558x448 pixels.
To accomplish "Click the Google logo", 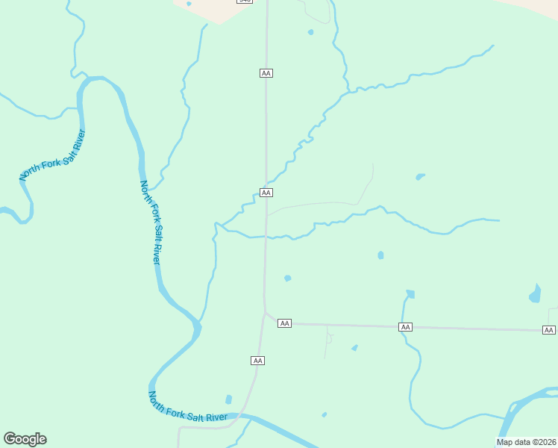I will (x=25, y=439).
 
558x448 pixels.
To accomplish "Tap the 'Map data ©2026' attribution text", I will (x=526, y=442).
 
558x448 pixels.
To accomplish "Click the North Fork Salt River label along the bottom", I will (x=188, y=408).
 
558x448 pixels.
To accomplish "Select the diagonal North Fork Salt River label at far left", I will (x=53, y=155).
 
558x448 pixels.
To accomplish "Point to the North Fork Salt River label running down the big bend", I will (x=151, y=222).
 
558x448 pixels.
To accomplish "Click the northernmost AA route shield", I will (x=266, y=72).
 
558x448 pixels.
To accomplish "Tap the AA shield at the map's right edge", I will (x=549, y=330).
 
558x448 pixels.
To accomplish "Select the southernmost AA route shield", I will (x=257, y=361).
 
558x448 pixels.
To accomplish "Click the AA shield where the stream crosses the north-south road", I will (x=266, y=193).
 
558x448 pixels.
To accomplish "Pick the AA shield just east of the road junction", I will (x=284, y=323).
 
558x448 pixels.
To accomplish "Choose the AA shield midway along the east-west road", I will (x=405, y=327).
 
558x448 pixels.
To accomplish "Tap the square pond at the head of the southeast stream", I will (x=410, y=294).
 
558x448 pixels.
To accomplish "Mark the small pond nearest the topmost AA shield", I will (x=310, y=32).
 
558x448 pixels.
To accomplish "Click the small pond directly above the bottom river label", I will (x=228, y=399).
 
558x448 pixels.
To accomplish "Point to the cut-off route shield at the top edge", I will (x=244, y=1).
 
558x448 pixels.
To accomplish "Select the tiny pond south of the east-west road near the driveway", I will (x=354, y=348).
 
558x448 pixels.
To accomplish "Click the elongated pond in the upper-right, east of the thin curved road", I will (x=420, y=177).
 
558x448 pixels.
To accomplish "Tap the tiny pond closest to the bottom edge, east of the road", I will (x=324, y=414).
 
